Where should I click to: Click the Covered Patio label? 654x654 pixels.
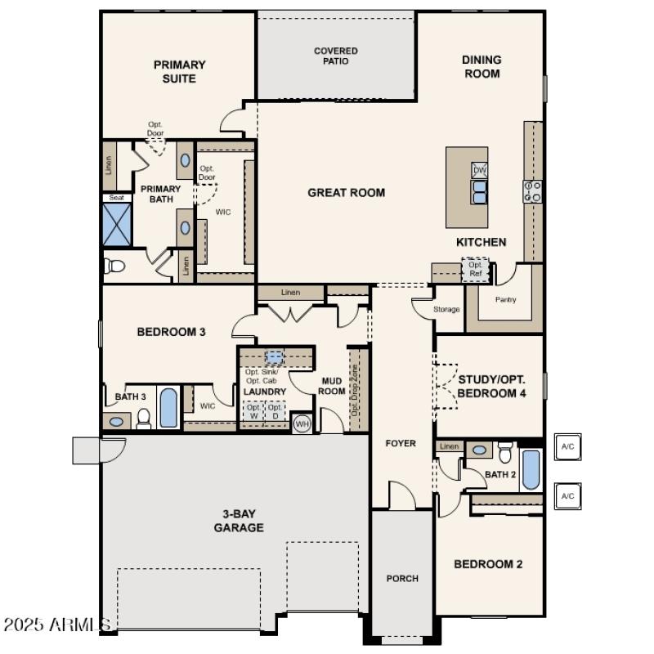336,56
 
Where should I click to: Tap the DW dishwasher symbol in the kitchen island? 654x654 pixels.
480,170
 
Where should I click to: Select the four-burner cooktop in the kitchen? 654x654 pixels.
532,191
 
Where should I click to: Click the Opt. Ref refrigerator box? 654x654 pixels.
475,270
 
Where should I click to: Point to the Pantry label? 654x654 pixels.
506,300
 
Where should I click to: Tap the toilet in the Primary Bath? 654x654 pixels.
114,266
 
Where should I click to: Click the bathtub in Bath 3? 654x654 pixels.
168,407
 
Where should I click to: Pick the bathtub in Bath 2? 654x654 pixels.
531,469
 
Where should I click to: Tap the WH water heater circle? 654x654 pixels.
302,423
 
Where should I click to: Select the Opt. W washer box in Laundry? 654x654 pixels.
253,411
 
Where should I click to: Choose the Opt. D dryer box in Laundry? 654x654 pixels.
276,411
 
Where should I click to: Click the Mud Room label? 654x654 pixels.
331,386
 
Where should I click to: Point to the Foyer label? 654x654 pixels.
401,444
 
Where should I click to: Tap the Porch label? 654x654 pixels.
402,579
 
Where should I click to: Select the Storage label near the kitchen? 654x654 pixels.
446,310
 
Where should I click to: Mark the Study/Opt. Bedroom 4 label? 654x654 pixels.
491,386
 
